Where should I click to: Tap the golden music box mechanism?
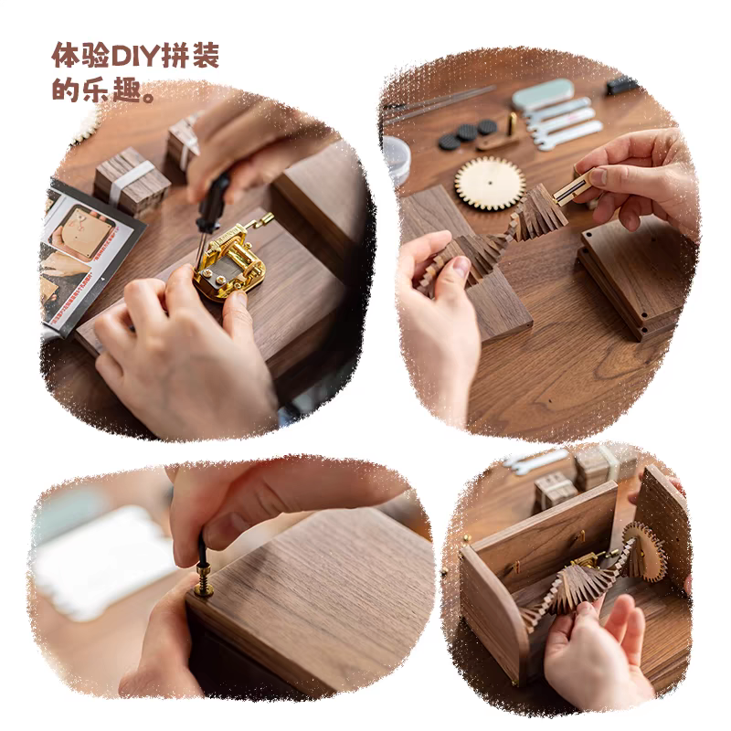[229, 262]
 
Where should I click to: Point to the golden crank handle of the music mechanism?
[259, 220]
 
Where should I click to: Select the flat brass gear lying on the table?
[490, 183]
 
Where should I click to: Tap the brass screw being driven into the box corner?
[204, 580]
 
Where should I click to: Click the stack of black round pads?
[467, 133]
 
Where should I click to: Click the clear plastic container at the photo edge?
[397, 160]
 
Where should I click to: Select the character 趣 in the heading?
[127, 90]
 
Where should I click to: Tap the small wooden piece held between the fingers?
[572, 188]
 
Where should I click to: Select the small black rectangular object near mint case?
[621, 86]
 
